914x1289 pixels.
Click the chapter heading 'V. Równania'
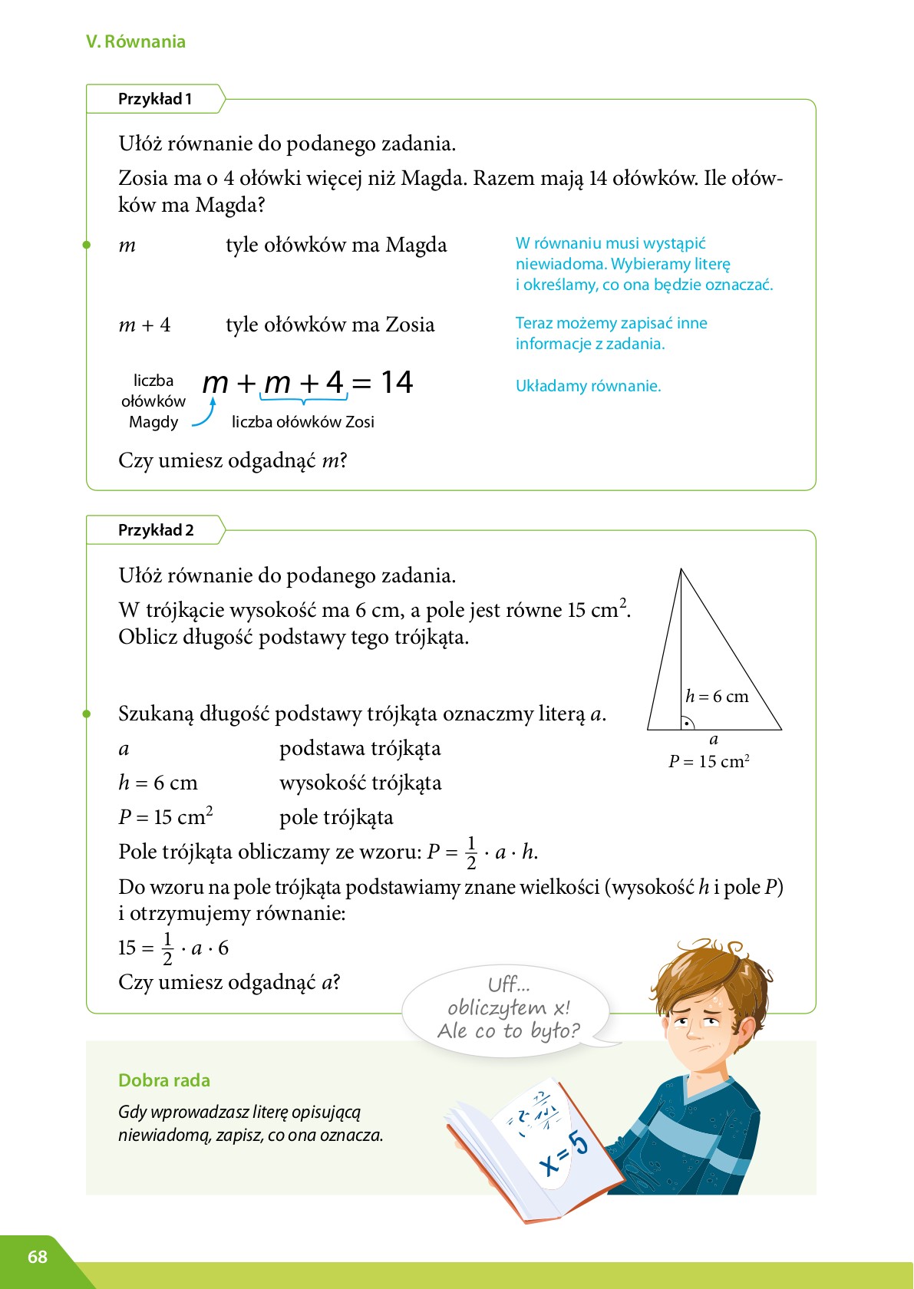click(x=136, y=41)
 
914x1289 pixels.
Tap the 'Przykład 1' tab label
click(x=155, y=99)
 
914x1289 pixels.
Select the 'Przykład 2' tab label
click(x=156, y=530)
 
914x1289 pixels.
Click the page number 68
click(x=38, y=1257)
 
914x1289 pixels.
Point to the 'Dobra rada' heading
click(x=164, y=1080)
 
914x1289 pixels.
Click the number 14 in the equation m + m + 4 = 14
click(x=397, y=382)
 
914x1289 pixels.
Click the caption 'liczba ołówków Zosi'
click(x=303, y=422)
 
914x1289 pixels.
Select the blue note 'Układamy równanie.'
click(x=588, y=386)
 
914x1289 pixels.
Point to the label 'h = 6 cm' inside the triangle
click(x=717, y=696)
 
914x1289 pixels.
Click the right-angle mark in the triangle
click(x=687, y=723)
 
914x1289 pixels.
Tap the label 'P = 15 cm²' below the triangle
click(x=708, y=761)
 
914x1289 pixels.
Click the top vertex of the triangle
click(x=681, y=570)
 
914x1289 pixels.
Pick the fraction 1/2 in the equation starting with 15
click(x=167, y=948)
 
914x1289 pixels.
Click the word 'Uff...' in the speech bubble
click(x=509, y=984)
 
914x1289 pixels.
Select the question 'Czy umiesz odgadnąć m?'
click(x=233, y=461)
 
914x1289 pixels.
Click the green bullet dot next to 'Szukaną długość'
click(x=87, y=714)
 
